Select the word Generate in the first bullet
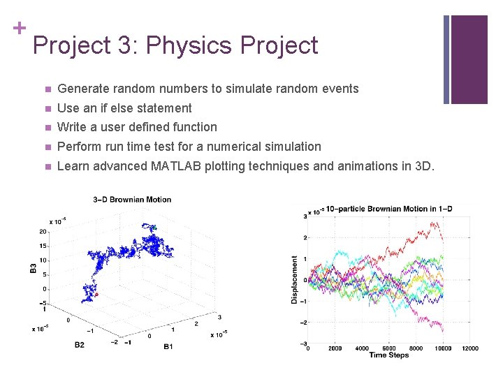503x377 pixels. [x=82, y=89]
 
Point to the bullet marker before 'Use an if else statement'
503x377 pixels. [x=46, y=108]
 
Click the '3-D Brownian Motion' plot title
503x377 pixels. [x=132, y=200]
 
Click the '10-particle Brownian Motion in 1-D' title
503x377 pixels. [x=381, y=209]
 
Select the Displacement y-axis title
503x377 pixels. [x=295, y=279]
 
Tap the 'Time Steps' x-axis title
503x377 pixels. [x=389, y=355]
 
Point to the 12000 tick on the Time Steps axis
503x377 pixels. [x=470, y=348]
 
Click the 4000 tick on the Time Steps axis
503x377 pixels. [x=362, y=348]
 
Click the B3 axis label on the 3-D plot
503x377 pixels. [x=33, y=267]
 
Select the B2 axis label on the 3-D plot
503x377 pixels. [x=79, y=344]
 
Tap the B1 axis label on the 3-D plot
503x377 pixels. [x=168, y=346]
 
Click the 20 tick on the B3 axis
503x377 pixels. [x=43, y=232]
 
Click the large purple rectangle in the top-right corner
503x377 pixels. [x=469, y=59]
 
